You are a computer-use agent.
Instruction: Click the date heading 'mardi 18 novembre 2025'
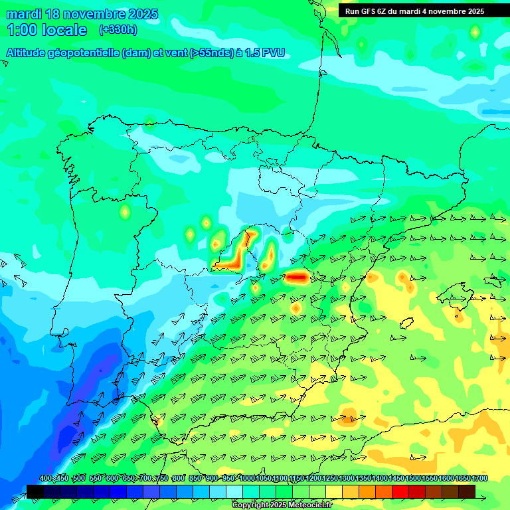82,15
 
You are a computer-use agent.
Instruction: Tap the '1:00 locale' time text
47,30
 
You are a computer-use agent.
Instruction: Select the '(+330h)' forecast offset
118,29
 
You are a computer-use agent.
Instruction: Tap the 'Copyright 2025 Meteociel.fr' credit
282,505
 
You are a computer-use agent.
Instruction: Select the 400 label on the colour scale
46,479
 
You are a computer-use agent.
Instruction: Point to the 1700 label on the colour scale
479,479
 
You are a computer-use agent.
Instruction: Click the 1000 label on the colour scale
246,479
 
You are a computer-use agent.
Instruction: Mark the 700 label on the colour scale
145,479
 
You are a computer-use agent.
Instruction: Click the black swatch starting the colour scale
35,491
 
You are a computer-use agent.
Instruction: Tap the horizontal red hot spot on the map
296,277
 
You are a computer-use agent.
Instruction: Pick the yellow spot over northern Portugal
124,212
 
